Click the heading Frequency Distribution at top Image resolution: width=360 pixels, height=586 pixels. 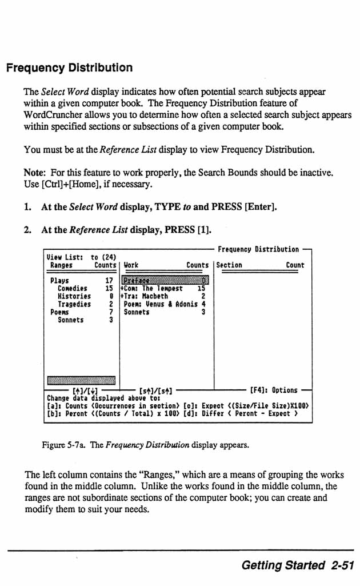[69, 68]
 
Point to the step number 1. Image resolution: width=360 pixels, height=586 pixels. [27, 206]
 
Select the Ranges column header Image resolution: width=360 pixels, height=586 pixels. [61, 265]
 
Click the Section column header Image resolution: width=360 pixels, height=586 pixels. [229, 265]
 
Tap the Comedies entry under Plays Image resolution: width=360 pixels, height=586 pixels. [72, 289]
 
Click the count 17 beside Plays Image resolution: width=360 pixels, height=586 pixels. [109, 281]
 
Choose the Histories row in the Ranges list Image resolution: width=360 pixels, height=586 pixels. [74, 297]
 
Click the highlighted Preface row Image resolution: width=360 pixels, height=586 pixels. [165, 280]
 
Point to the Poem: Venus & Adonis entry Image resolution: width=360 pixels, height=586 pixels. [161, 305]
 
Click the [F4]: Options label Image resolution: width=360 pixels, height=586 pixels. [274, 390]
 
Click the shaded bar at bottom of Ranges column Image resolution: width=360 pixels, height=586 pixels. [81, 381]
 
